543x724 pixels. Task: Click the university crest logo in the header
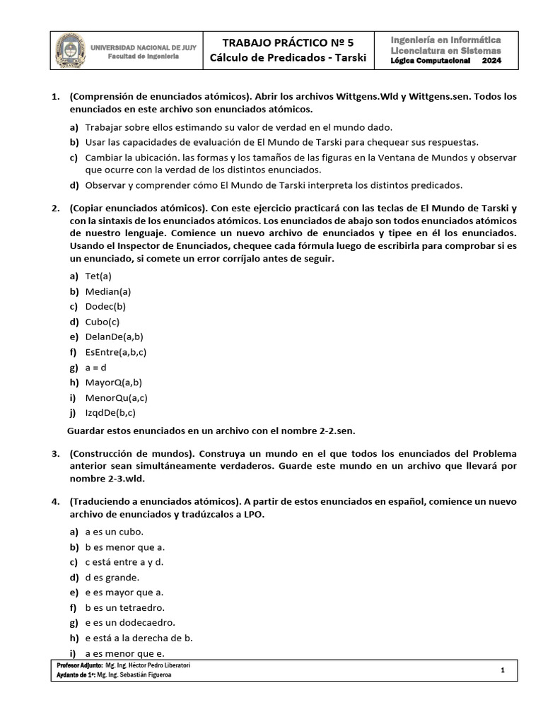71,50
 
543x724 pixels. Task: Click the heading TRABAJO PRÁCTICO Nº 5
288,42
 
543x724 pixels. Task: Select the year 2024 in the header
490,61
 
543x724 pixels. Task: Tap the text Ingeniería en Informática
445,40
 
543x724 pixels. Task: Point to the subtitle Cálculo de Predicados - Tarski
288,58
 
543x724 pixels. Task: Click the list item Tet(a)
98,276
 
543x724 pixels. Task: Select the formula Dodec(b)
105,306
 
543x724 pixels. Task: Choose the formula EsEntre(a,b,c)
116,352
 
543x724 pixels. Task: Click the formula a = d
96,368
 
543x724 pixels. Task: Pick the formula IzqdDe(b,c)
110,413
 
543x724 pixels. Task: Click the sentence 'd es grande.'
112,577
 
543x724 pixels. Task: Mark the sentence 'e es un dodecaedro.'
130,622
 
